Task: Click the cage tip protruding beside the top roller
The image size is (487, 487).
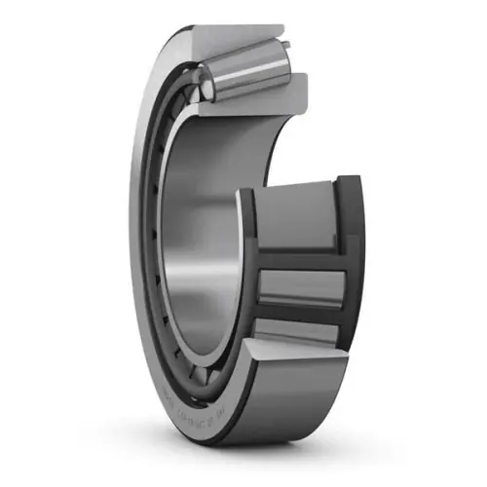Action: [292, 47]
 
